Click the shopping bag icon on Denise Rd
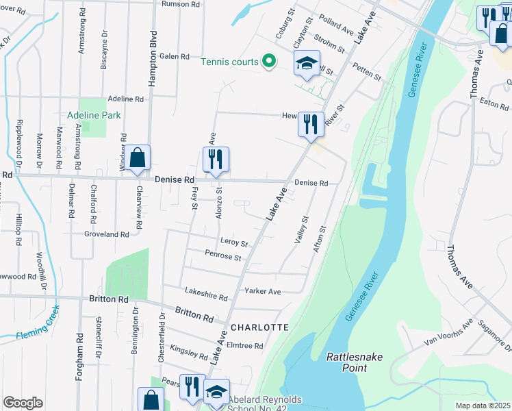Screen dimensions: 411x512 137,158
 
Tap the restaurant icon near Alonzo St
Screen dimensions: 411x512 216,160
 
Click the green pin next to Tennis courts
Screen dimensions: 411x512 268,62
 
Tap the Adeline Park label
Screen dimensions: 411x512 94,115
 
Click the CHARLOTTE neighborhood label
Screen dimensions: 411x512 259,327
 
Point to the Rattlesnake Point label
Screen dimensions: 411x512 356,362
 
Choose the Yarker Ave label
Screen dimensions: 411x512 263,291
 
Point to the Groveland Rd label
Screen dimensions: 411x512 105,234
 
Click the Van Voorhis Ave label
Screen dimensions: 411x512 448,332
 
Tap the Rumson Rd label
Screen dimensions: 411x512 181,4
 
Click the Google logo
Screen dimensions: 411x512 23,403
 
